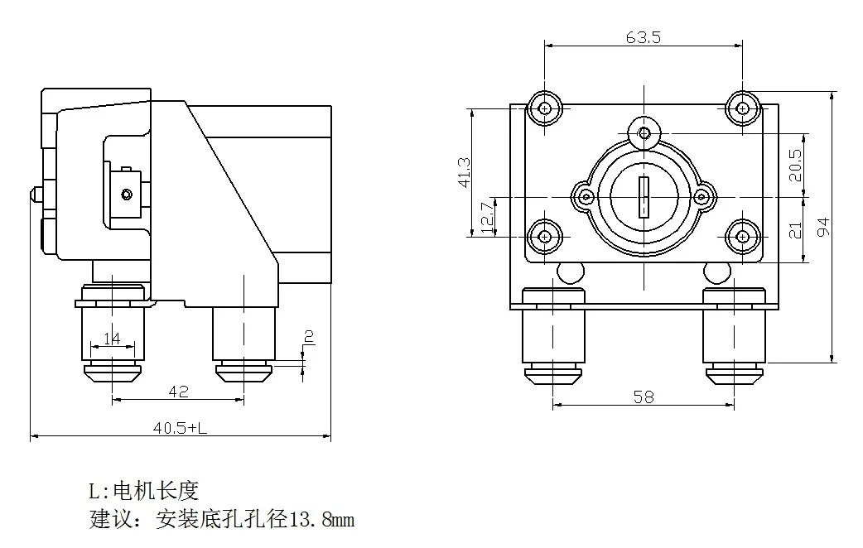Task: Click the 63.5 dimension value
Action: coord(644,37)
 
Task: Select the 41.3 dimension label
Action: coord(465,171)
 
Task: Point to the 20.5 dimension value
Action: coord(795,165)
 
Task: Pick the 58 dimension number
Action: coord(644,397)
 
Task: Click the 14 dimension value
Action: coord(112,338)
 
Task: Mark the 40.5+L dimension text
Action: coord(180,428)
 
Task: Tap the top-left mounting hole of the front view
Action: coord(544,108)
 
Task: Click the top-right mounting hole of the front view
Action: coord(743,108)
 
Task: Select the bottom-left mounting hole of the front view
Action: coord(544,237)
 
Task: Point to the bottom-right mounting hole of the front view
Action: coord(743,237)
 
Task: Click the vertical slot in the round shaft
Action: coord(644,198)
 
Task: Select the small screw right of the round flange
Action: coord(701,197)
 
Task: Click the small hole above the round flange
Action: coord(644,132)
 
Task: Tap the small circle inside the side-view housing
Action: coord(126,195)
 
